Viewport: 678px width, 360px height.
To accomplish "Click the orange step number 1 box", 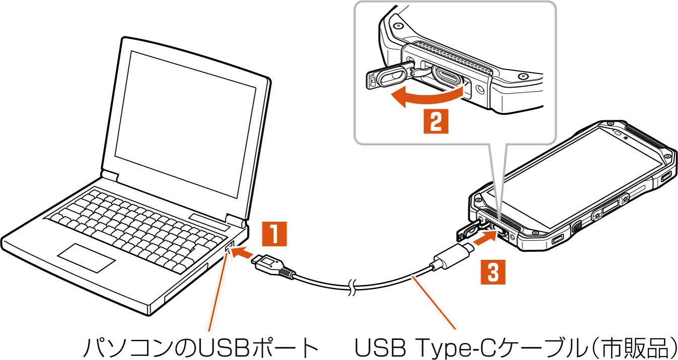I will (274, 234).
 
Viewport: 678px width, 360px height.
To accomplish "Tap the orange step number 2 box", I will (435, 120).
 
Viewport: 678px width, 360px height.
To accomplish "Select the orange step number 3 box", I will (493, 272).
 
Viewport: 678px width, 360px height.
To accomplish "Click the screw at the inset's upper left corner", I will (398, 26).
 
